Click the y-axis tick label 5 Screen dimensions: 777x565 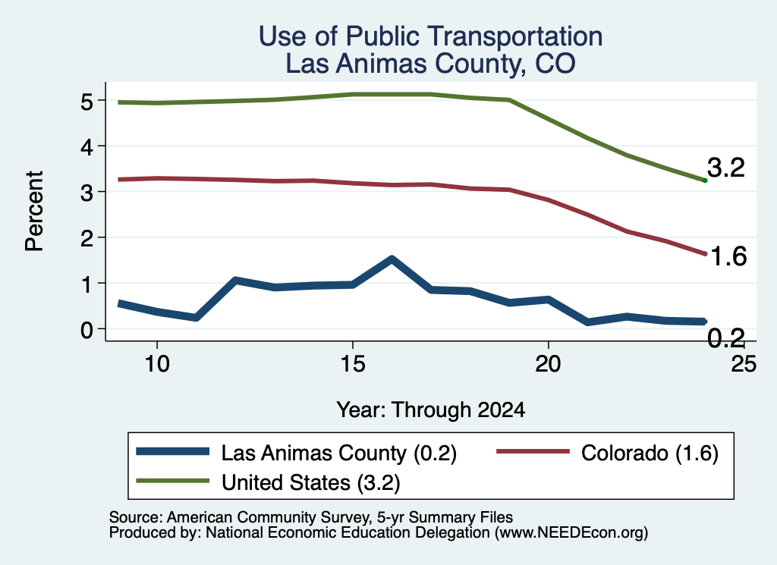click(x=87, y=102)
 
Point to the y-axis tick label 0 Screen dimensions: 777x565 click(x=87, y=330)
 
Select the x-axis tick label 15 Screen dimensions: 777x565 click(x=353, y=365)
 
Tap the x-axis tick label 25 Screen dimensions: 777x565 click(x=744, y=365)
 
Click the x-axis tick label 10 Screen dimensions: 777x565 click(x=157, y=365)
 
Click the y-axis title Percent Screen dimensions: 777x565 click(x=35, y=211)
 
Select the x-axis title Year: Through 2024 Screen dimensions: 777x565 click(x=431, y=410)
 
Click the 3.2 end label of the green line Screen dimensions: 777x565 click(x=726, y=168)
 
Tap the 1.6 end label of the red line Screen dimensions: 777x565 click(x=728, y=256)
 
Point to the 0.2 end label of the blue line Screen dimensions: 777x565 click(x=726, y=339)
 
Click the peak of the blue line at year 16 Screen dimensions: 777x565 click(x=392, y=259)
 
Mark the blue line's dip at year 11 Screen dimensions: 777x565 click(x=197, y=318)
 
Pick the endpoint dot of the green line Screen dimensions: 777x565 click(x=705, y=180)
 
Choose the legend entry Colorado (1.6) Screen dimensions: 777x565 click(x=608, y=453)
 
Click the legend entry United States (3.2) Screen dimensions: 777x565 click(x=268, y=482)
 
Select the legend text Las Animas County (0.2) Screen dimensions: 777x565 click(x=297, y=453)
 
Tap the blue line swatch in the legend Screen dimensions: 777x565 click(x=172, y=451)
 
